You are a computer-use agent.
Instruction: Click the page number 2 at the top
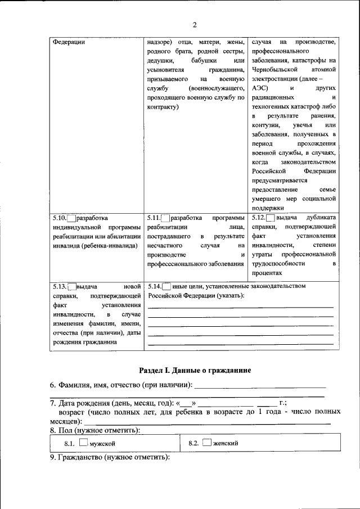coord(195,25)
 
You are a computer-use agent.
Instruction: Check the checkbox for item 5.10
coord(71,218)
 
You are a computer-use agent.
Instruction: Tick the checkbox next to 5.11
coord(165,218)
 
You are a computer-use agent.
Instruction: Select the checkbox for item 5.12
coord(271,218)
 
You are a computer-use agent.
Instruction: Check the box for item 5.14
coord(166,286)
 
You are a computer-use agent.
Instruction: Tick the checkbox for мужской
coord(83,443)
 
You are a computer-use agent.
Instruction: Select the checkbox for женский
coord(207,443)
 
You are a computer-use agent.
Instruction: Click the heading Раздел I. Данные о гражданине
coord(195,370)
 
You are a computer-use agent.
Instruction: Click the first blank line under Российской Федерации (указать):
coord(240,307)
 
